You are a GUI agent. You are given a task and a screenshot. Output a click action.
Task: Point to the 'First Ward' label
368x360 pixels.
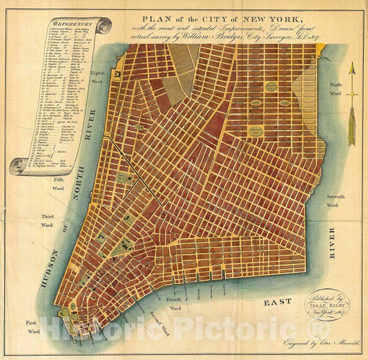33,327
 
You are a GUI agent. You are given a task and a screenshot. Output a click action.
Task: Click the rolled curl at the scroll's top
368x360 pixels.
103,26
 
